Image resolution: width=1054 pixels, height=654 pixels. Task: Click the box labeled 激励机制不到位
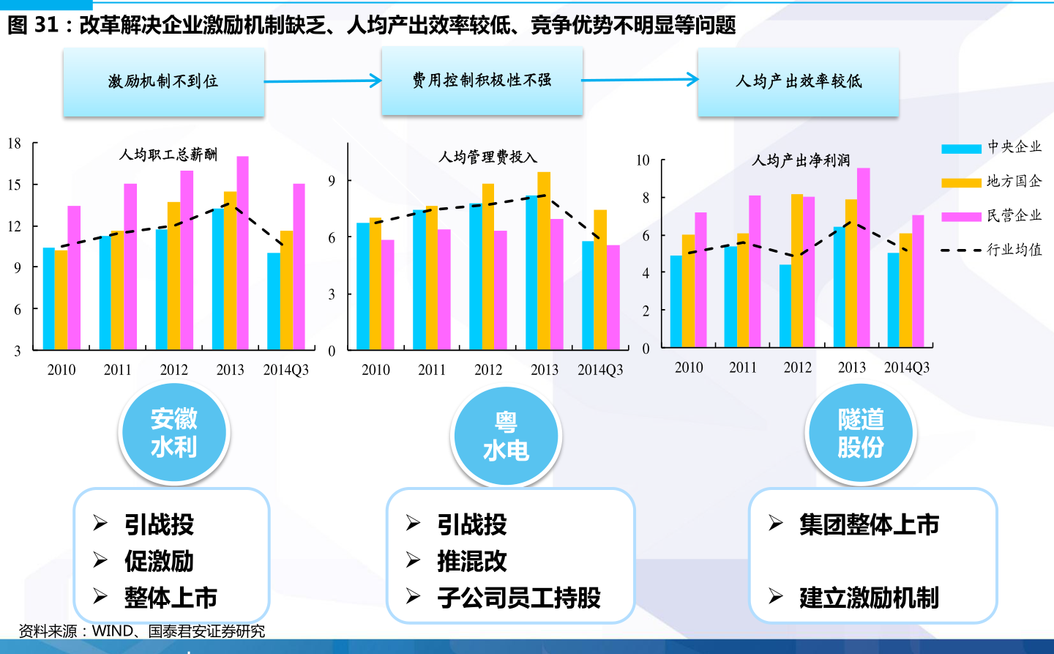click(163, 81)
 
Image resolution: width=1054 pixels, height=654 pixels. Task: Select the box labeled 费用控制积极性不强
click(482, 80)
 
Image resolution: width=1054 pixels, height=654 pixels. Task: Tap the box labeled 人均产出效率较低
click(798, 81)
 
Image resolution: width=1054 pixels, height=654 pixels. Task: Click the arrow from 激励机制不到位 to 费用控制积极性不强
click(322, 81)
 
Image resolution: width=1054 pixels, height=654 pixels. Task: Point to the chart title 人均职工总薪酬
click(168, 155)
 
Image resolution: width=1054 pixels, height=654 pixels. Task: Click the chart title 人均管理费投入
click(487, 157)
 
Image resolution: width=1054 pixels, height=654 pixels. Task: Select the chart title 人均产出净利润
click(801, 160)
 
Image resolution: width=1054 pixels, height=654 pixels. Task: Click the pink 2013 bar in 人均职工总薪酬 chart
click(242, 253)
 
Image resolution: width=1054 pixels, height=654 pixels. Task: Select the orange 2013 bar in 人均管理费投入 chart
click(544, 261)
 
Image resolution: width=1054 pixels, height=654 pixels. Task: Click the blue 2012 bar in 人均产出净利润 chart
click(785, 306)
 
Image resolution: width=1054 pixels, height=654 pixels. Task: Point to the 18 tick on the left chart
click(15, 144)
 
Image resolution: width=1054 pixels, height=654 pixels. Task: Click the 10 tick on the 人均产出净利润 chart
click(643, 160)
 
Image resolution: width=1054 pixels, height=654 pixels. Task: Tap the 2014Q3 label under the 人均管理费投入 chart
click(600, 370)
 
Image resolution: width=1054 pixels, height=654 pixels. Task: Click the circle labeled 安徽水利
click(174, 433)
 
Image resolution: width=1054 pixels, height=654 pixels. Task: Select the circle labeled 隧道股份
click(861, 433)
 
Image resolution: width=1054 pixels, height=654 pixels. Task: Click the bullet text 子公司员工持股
click(519, 598)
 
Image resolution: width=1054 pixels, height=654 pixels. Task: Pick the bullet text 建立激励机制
click(869, 598)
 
